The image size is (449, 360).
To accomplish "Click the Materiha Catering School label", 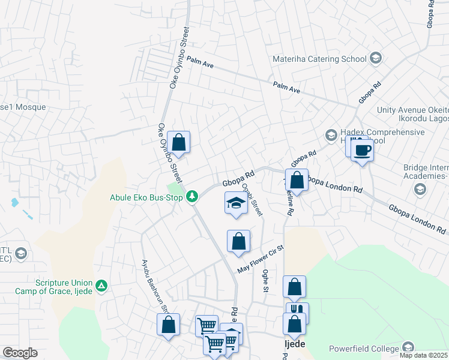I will tap(319, 59).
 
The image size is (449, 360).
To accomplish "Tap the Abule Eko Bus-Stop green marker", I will tap(192, 196).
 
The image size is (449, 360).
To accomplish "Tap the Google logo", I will tap(20, 353).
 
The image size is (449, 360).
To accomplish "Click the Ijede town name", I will tap(294, 344).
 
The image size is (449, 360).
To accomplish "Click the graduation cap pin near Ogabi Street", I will tap(236, 203).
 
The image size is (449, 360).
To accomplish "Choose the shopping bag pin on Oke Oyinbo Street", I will tap(178, 142).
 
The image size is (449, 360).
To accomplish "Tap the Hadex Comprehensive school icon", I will tap(331, 134).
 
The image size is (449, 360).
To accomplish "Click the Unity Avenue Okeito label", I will tap(412, 110).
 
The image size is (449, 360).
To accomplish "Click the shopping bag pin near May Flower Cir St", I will tap(238, 241).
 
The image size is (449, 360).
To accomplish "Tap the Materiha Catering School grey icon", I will tap(376, 58).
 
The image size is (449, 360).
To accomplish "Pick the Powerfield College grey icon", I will tap(408, 347).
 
